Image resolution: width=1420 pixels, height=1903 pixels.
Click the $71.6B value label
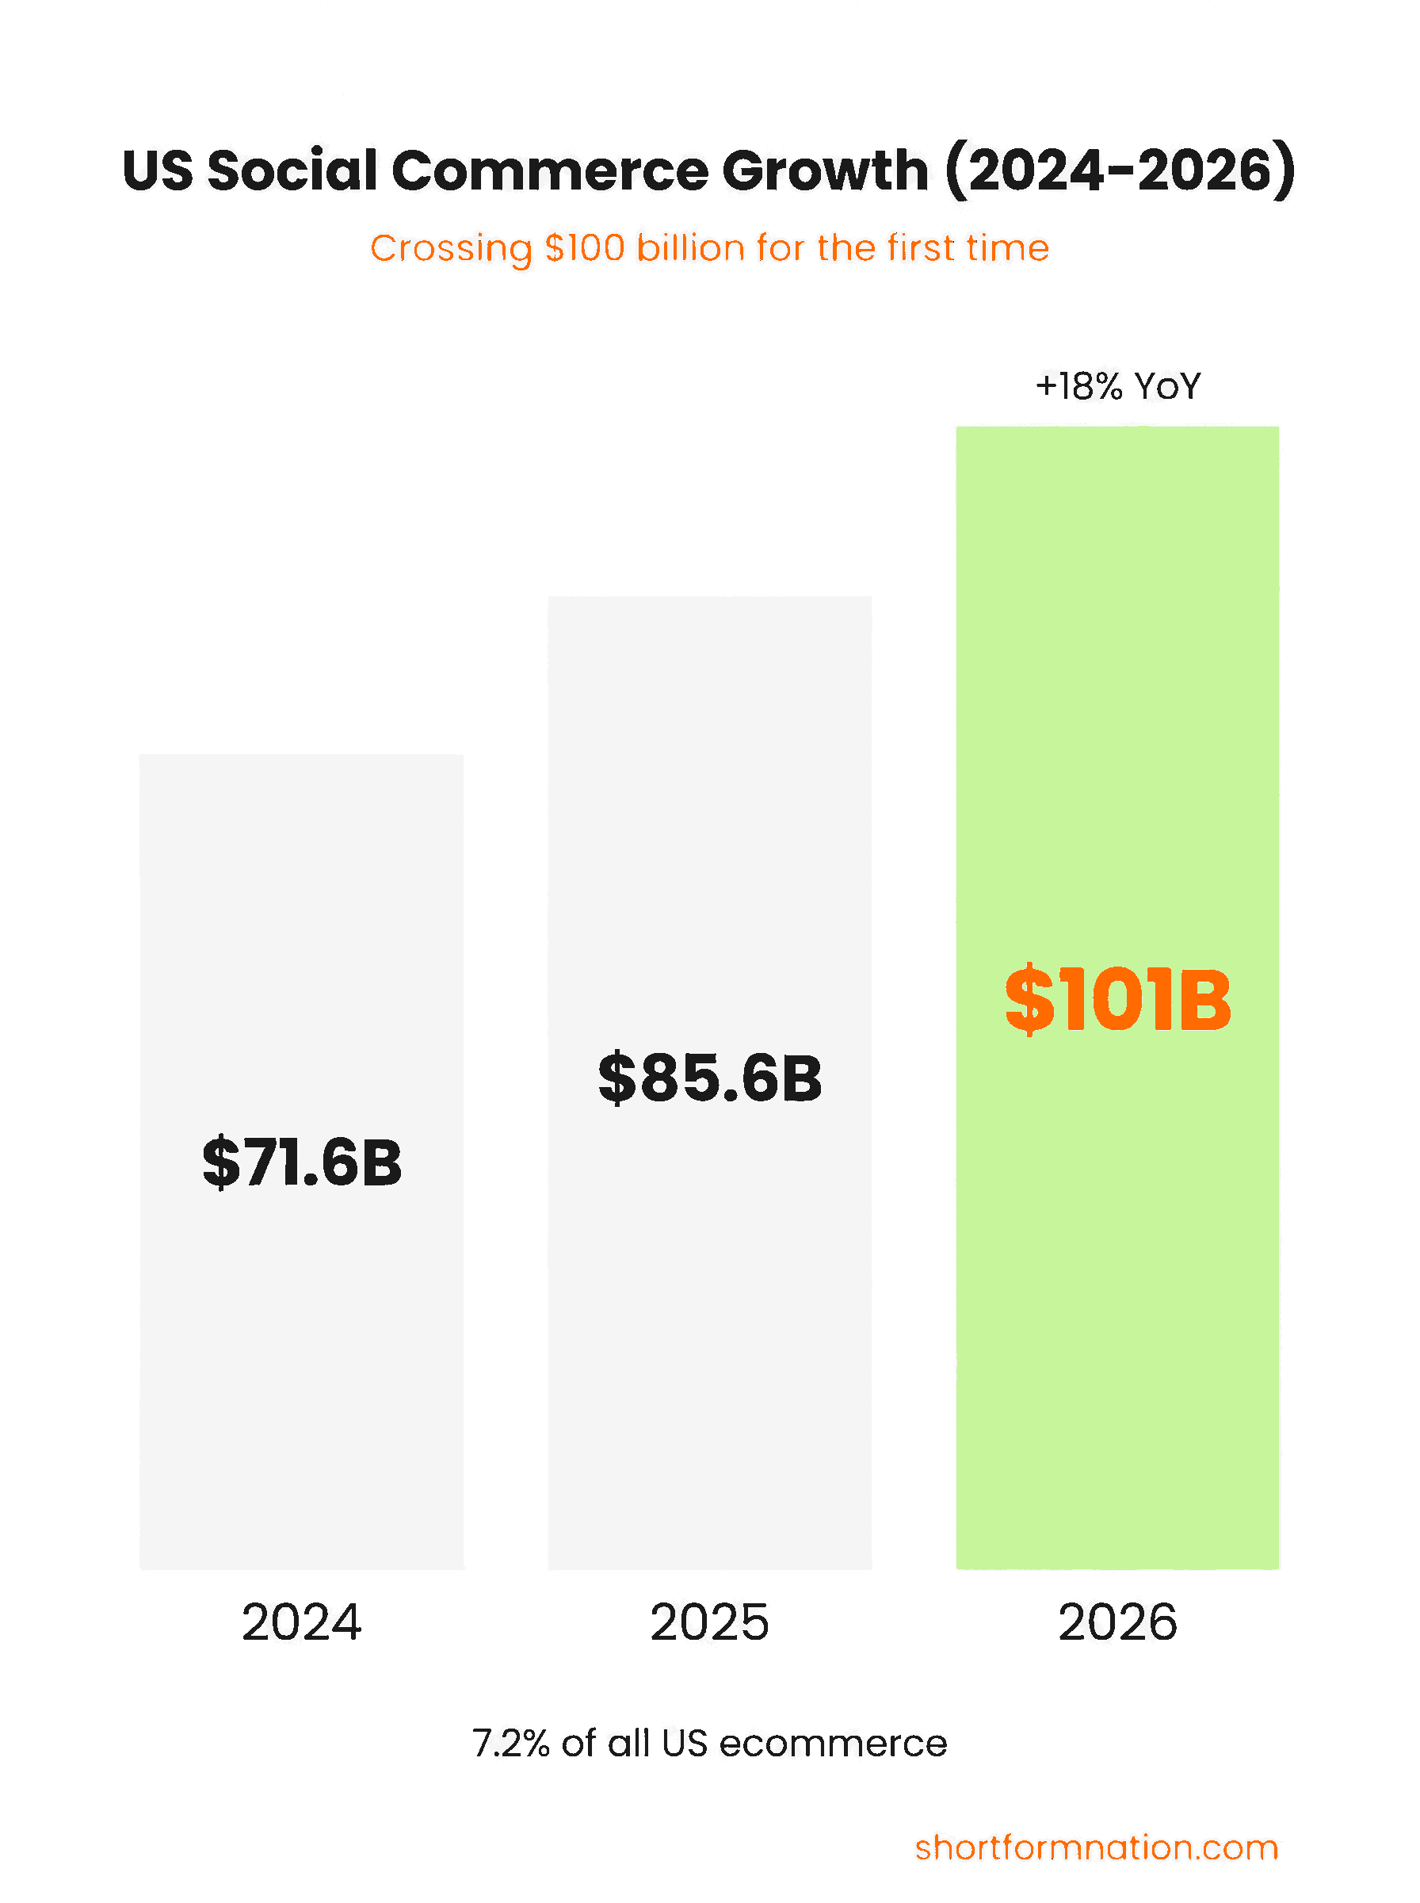[302, 1162]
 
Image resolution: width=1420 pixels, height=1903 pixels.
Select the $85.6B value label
[710, 1078]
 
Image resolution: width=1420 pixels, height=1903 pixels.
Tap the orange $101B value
[1117, 999]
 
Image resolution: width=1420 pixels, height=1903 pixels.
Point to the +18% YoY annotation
[1117, 387]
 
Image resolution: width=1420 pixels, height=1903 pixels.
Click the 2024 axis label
[302, 1622]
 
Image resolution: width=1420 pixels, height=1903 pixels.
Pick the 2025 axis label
[710, 1622]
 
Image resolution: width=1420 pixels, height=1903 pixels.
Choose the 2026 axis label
[1117, 1622]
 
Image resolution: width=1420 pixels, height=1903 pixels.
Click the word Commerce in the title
[550, 170]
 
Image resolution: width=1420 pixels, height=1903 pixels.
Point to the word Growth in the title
[825, 170]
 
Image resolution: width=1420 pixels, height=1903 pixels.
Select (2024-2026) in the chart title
[1119, 170]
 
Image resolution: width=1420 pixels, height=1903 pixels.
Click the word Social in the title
[292, 170]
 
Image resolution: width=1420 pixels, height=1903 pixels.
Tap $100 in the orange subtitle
[585, 248]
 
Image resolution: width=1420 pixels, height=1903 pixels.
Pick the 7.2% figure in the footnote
[510, 1744]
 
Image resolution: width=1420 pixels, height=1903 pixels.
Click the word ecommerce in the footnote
[833, 1744]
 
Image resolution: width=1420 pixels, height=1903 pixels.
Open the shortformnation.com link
[1096, 1848]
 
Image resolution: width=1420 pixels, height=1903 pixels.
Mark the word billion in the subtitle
[690, 248]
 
